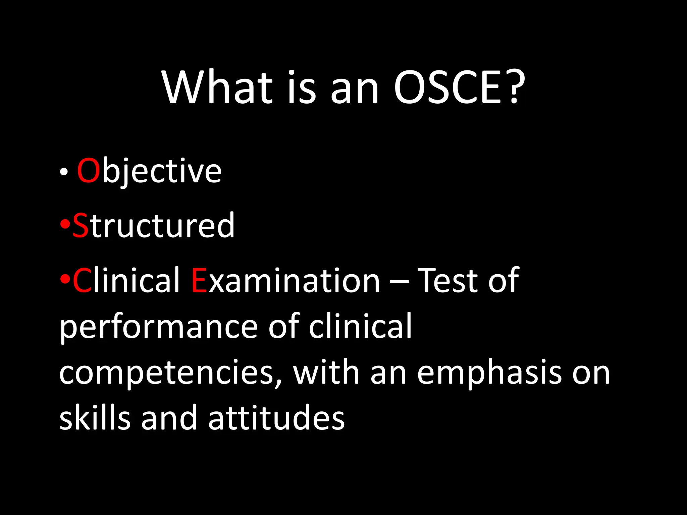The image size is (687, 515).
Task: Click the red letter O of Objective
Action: pyautogui.click(x=89, y=171)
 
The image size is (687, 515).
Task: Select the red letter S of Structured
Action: pyautogui.click(x=81, y=226)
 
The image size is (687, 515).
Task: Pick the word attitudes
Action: pyautogui.click(x=276, y=418)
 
